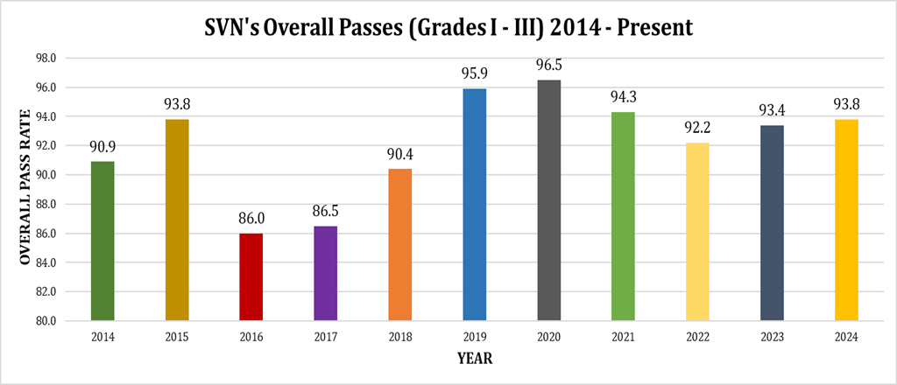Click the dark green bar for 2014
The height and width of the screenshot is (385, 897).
pyautogui.click(x=102, y=241)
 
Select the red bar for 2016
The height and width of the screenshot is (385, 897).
pyautogui.click(x=251, y=276)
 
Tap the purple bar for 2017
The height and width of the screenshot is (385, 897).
pyautogui.click(x=326, y=273)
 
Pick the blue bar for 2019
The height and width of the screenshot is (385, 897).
pyautogui.click(x=475, y=204)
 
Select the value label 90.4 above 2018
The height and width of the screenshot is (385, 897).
pyautogui.click(x=400, y=153)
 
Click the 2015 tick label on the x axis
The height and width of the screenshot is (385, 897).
pyautogui.click(x=177, y=337)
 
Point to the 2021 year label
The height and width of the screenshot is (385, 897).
pyautogui.click(x=624, y=337)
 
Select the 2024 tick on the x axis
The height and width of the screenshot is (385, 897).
pyautogui.click(x=847, y=337)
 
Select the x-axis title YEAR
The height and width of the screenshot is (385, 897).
pyautogui.click(x=475, y=359)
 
